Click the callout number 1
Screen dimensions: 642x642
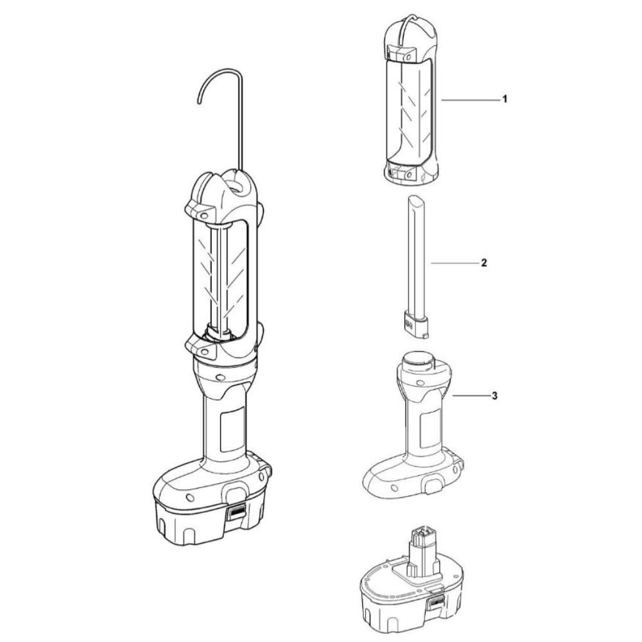pyautogui.click(x=505, y=99)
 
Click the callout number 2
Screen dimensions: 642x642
pyautogui.click(x=484, y=263)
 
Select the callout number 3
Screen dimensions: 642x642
pyautogui.click(x=494, y=396)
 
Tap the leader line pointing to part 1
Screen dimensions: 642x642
pyautogui.click(x=470, y=100)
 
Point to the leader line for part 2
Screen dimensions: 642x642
pyautogui.click(x=454, y=263)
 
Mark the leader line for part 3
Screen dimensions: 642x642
pyautogui.click(x=471, y=396)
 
